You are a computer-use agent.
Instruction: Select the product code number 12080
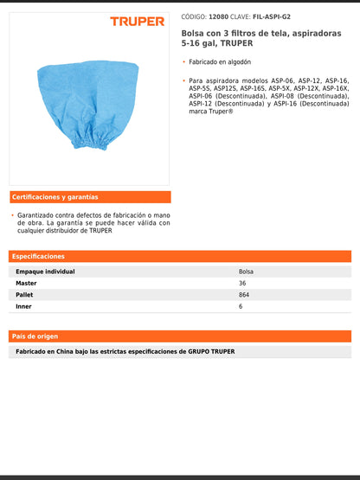click(x=219, y=16)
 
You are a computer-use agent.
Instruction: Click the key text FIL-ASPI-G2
click(x=273, y=16)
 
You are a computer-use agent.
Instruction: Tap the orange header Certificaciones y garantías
click(x=55, y=197)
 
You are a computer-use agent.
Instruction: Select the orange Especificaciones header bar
click(x=180, y=256)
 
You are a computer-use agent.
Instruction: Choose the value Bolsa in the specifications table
click(x=247, y=272)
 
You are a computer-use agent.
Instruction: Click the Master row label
click(x=27, y=283)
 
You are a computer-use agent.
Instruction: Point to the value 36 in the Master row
click(x=242, y=283)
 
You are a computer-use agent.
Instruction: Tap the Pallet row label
click(x=26, y=295)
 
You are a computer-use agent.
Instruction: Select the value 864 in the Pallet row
click(x=244, y=295)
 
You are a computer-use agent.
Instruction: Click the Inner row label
click(x=25, y=306)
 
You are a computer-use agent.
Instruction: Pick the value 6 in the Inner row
click(x=241, y=306)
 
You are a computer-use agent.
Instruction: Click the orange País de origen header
click(x=180, y=336)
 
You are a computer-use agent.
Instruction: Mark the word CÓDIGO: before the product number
click(x=194, y=16)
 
